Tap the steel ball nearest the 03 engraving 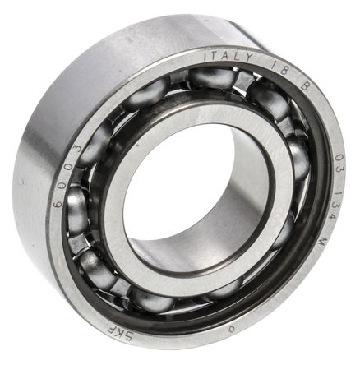[x=298, y=156]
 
